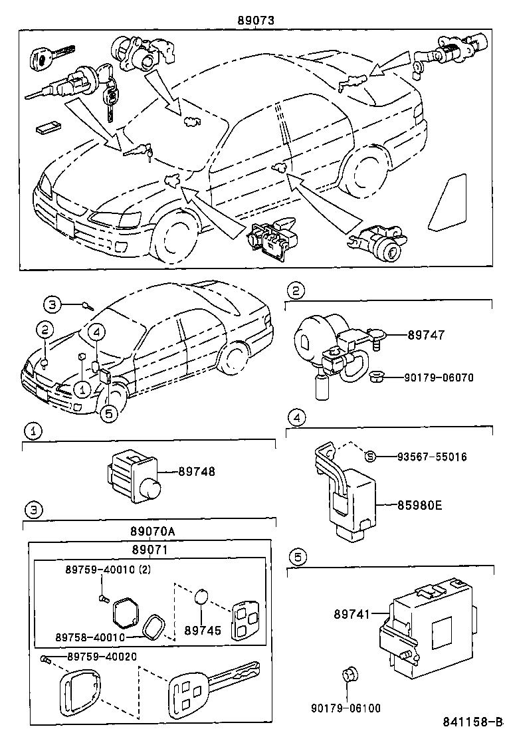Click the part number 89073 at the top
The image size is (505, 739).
click(x=256, y=20)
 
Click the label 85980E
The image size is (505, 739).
click(x=419, y=505)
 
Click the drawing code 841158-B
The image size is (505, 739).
click(x=474, y=722)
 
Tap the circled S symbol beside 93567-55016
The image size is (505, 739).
click(x=371, y=457)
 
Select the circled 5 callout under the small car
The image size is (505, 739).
click(x=108, y=413)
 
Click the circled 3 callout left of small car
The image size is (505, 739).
click(x=52, y=304)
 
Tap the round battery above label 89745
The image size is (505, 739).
click(x=203, y=597)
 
